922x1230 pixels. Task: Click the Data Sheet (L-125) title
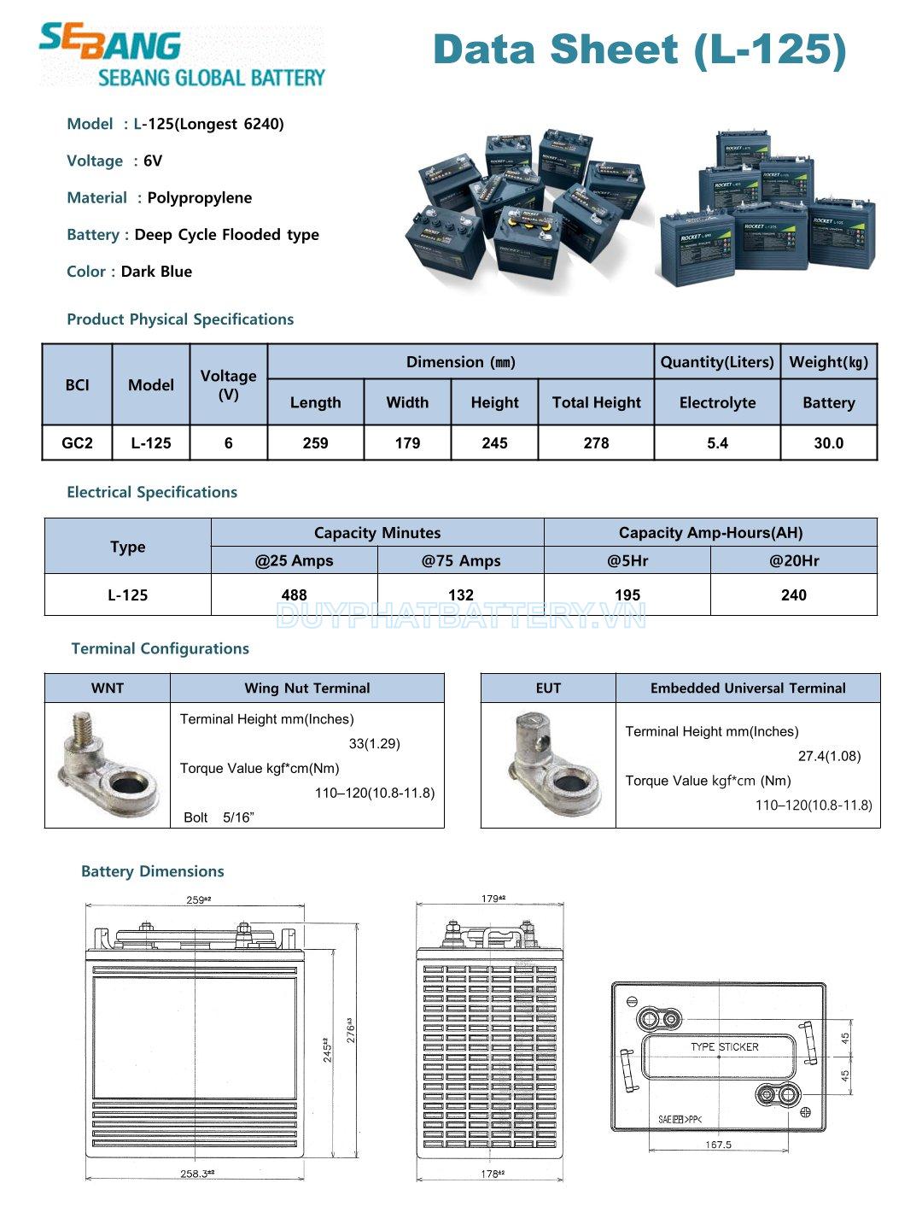point(639,50)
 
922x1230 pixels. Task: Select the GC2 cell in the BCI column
point(77,443)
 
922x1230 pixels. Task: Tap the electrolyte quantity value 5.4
point(717,443)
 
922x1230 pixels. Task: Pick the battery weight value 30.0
point(828,443)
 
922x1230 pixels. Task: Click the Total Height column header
point(596,402)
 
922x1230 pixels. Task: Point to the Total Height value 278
point(596,443)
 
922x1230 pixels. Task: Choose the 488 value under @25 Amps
point(294,595)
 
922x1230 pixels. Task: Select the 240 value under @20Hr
point(793,595)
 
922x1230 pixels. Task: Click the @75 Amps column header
point(460,561)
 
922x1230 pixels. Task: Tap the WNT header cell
point(108,688)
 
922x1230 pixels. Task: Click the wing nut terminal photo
point(108,765)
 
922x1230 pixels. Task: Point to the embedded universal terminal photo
point(548,765)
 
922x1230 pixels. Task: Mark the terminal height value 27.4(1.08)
point(829,756)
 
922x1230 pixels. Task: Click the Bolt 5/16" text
point(219,817)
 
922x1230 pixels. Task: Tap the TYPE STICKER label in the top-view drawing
point(724,1046)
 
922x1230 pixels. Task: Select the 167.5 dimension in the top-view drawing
point(718,1145)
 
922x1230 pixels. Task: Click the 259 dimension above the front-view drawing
point(198,899)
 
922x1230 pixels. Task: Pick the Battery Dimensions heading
point(152,871)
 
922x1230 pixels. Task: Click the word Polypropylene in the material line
point(200,198)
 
